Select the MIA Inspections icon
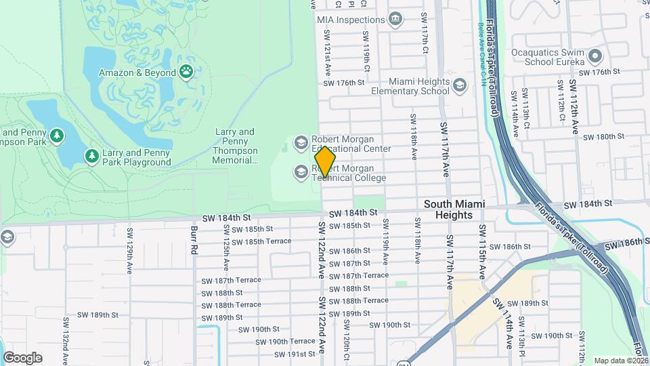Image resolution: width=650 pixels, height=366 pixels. (x=395, y=20)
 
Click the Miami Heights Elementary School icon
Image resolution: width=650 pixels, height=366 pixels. (x=460, y=85)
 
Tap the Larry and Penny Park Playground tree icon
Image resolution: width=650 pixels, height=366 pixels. (x=92, y=157)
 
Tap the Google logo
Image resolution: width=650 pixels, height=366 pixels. (x=22, y=357)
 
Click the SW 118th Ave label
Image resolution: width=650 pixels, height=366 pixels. (x=412, y=137)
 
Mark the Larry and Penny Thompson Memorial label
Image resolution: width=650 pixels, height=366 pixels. (x=235, y=146)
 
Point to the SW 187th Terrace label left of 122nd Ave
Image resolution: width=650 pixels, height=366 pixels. (x=231, y=280)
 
